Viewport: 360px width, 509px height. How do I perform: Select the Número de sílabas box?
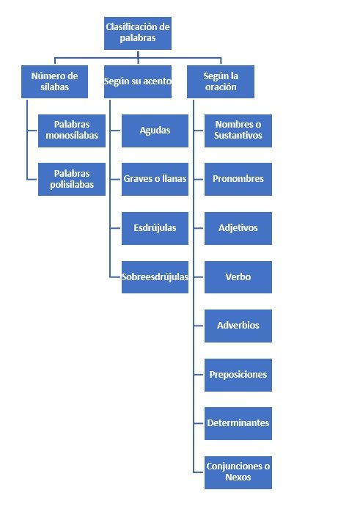54,81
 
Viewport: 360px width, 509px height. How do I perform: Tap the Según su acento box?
137,81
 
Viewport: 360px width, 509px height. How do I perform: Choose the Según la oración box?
221,81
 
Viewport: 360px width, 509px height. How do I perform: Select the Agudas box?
155,130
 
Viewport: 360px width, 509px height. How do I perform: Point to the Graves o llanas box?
155,179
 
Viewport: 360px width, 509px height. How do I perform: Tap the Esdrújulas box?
155,228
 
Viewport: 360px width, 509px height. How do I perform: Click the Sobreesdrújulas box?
155,277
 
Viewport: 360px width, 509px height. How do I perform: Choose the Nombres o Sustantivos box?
238,130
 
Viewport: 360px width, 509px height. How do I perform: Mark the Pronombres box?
238,179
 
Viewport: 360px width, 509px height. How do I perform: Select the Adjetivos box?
238,228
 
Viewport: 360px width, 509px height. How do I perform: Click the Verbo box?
238,277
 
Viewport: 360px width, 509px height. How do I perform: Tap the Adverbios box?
238,326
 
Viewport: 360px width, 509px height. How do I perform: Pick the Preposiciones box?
238,375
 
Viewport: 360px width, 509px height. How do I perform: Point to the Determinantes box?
238,423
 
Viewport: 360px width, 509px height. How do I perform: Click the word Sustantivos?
238,136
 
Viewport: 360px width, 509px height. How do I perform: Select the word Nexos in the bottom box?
238,478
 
